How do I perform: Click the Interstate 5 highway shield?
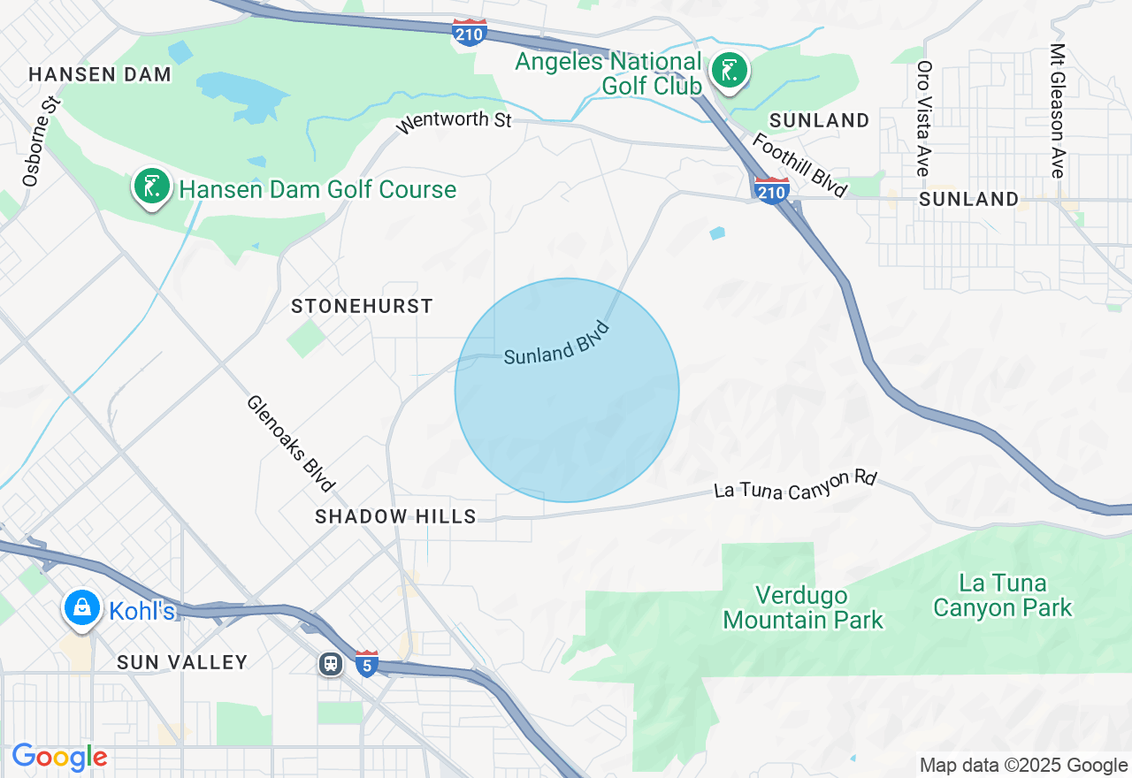coord(367,662)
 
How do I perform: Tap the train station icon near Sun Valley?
coord(331,663)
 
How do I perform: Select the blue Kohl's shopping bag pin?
coord(81,608)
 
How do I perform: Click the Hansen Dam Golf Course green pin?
coord(152,187)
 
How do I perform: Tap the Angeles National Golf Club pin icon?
coord(730,71)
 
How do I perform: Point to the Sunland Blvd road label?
coord(557,345)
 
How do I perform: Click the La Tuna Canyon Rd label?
coord(794,484)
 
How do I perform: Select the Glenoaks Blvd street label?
coord(291,443)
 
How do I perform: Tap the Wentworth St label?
coord(454,120)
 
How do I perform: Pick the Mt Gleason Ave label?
coord(1057,111)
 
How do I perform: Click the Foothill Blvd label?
coord(799,165)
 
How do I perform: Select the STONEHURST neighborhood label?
coord(363,306)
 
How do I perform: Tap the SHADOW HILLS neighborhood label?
coord(395,516)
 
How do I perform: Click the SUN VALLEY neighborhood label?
coord(182,662)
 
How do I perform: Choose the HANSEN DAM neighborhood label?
coord(100,74)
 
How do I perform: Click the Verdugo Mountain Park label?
coord(802,607)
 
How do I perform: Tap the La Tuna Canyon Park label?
coord(1002,596)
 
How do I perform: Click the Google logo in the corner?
coord(59,758)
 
